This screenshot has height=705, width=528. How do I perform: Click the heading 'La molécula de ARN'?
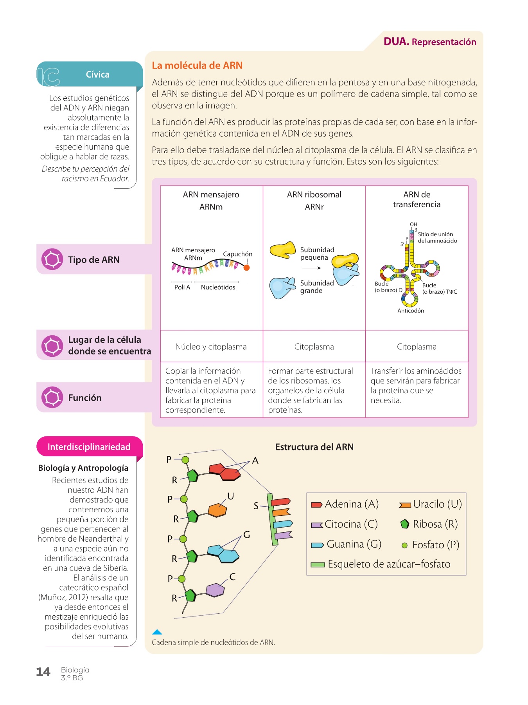click(197, 65)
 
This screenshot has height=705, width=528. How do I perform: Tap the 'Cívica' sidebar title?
click(97, 74)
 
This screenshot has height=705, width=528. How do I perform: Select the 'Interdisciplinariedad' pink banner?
click(89, 447)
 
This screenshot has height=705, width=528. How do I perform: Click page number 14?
click(43, 672)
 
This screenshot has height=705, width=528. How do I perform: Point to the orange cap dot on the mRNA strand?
click(246, 268)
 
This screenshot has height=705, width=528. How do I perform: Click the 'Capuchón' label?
click(237, 254)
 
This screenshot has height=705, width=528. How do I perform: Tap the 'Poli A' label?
click(182, 287)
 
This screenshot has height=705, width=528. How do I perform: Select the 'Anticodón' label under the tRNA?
click(411, 311)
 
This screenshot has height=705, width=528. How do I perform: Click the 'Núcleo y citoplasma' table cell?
click(211, 347)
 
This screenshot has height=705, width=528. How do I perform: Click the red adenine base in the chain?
click(225, 471)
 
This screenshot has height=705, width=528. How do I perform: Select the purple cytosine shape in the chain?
click(215, 589)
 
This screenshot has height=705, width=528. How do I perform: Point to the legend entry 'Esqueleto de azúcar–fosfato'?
click(381, 564)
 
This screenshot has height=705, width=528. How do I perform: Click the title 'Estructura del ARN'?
click(314, 447)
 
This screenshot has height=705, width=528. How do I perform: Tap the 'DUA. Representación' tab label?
click(429, 42)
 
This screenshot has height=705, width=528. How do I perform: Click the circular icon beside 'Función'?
click(52, 398)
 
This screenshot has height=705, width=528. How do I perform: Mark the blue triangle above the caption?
click(157, 632)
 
